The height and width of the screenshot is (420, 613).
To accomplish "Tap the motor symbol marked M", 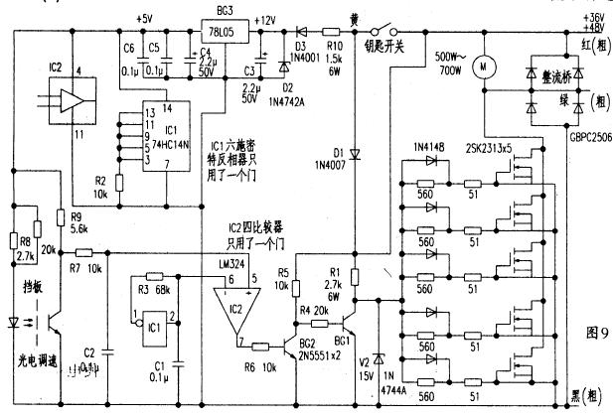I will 485,67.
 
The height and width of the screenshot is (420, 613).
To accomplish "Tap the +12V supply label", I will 264,19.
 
